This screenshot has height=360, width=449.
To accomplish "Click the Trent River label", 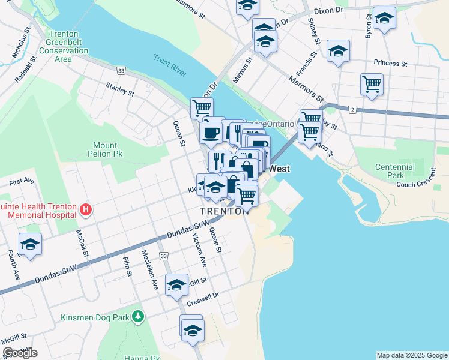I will pyautogui.click(x=171, y=65).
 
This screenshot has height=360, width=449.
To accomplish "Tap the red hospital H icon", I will pyautogui.click(x=86, y=210).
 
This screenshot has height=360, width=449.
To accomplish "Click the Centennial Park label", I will pyautogui.click(x=394, y=171).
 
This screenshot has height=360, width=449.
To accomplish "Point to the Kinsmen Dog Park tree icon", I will pyautogui.click(x=139, y=315).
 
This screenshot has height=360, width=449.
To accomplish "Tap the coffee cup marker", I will pyautogui.click(x=211, y=132).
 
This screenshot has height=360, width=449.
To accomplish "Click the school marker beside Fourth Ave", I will pyautogui.click(x=30, y=245).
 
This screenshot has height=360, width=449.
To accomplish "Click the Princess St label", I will pyautogui.click(x=390, y=63).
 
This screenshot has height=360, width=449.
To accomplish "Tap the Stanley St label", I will pyautogui.click(x=119, y=90).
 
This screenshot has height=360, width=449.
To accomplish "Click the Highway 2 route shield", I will pyautogui.click(x=352, y=109).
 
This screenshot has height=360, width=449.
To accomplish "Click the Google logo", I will pyautogui.click(x=20, y=352).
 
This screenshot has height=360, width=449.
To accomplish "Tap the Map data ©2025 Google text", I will pyautogui.click(x=412, y=355).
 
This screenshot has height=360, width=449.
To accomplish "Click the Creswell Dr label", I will pyautogui.click(x=204, y=296).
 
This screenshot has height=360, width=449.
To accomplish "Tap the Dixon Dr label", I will pyautogui.click(x=328, y=10).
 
